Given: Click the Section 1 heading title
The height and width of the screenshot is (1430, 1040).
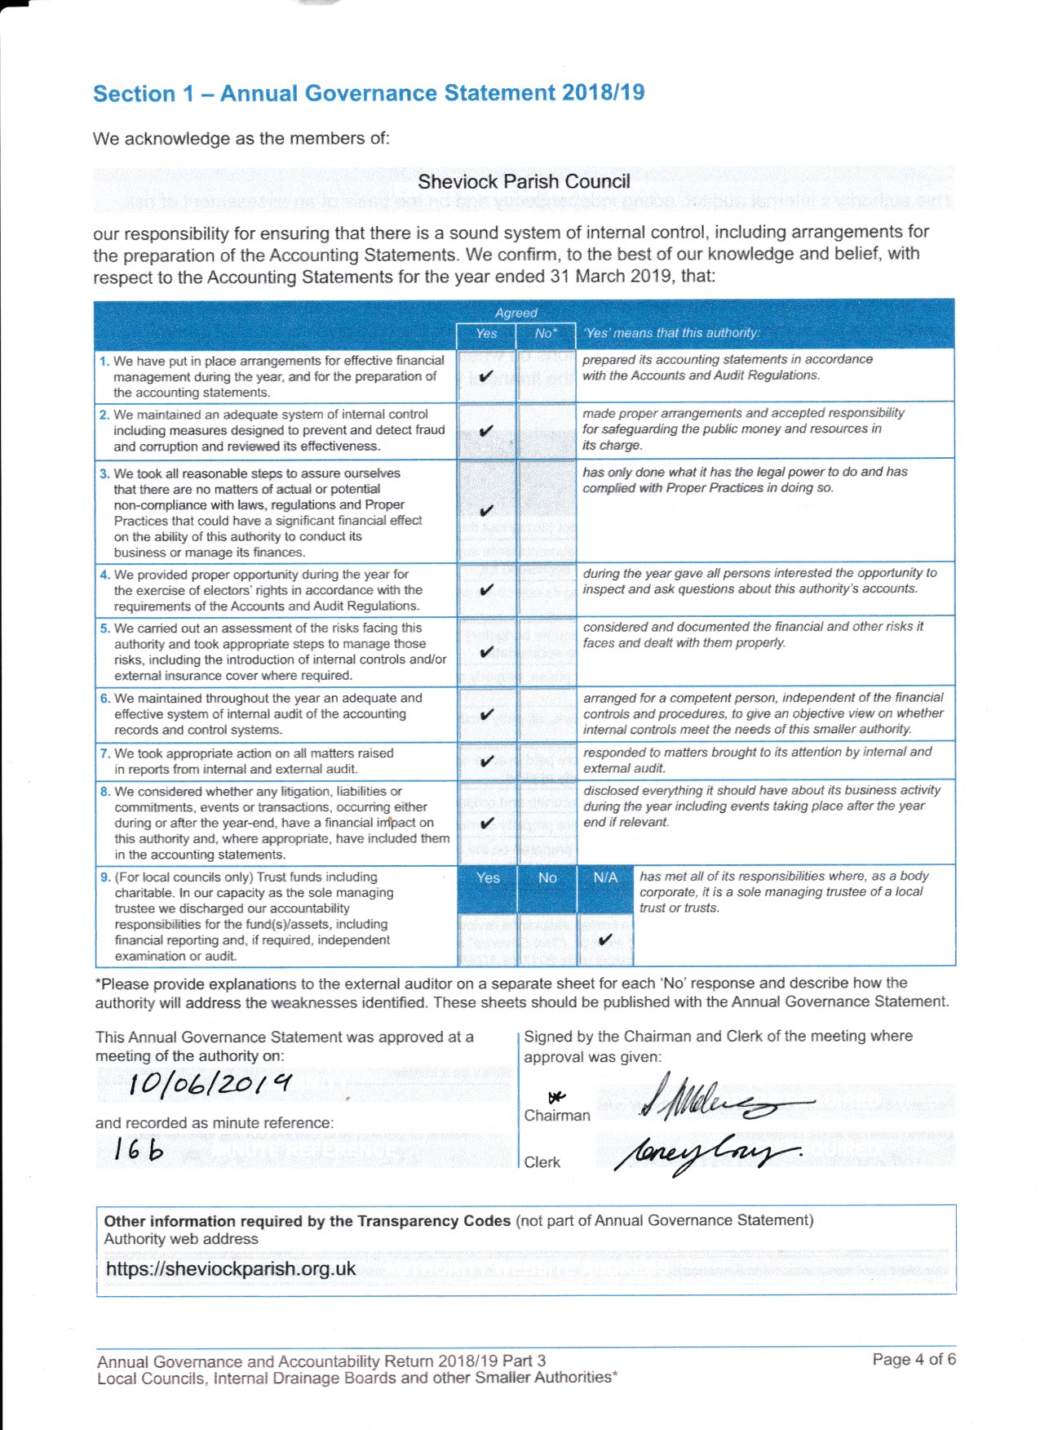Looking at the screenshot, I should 369,93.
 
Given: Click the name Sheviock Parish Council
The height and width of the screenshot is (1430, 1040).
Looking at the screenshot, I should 524,181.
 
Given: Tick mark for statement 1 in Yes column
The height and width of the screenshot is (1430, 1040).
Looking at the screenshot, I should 486,376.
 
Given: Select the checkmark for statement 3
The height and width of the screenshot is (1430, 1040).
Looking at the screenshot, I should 486,511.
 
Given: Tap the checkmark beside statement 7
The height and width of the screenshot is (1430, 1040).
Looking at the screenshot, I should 487,761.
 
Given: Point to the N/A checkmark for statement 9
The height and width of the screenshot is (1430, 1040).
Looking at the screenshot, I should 604,939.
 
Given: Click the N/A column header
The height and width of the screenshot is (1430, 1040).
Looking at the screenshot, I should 605,877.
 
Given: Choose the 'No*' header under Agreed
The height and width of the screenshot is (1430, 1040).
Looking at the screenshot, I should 546,333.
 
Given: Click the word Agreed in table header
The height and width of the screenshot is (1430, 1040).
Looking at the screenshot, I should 516,313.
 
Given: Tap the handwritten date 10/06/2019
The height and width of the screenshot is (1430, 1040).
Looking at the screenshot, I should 210,1084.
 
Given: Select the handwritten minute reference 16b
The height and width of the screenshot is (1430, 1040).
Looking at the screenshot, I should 139,1149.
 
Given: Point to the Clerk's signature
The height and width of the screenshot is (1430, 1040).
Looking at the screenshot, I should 706,1153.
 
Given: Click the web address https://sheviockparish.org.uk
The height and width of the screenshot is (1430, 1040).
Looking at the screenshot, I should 231,1268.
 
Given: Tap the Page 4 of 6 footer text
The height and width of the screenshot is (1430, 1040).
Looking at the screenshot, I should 914,1359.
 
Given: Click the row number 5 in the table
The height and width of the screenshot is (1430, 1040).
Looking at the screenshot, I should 104,628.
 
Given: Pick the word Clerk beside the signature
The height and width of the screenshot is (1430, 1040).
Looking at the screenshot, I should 542,1162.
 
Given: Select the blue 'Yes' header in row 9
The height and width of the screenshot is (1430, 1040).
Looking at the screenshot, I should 488,877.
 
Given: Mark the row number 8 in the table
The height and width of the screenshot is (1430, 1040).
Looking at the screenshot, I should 104,791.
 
